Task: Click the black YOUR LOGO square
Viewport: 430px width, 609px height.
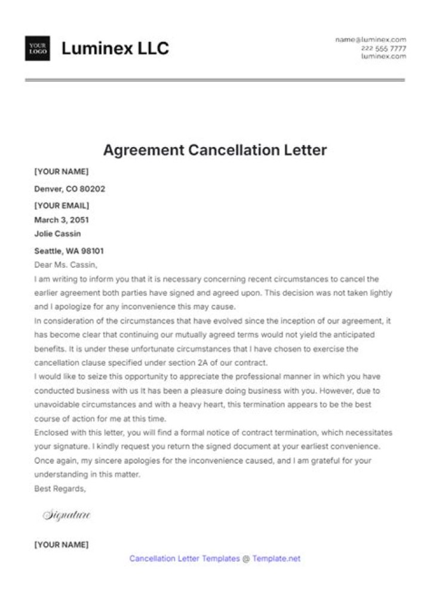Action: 38,48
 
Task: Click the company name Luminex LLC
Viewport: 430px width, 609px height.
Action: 115,48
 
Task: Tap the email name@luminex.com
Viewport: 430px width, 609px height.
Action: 370,39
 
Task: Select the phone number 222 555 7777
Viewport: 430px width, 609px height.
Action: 383,48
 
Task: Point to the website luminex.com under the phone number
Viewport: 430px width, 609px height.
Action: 383,56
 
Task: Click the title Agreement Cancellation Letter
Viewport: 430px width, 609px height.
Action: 215,150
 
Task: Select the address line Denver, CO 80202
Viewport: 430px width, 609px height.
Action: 70,189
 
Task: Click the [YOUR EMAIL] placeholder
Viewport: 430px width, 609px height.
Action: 62,206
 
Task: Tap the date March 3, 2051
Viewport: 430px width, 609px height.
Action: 62,219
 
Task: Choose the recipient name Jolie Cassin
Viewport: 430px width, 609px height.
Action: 57,234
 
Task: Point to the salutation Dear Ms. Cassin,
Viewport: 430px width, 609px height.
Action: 66,264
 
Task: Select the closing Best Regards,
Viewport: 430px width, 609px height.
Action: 60,488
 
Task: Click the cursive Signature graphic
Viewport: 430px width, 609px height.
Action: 66,515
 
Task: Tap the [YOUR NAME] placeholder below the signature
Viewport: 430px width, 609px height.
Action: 62,544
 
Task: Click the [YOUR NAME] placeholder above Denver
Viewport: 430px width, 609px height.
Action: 62,172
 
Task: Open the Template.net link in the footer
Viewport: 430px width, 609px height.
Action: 276,559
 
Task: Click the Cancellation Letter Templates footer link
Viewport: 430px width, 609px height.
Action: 185,559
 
